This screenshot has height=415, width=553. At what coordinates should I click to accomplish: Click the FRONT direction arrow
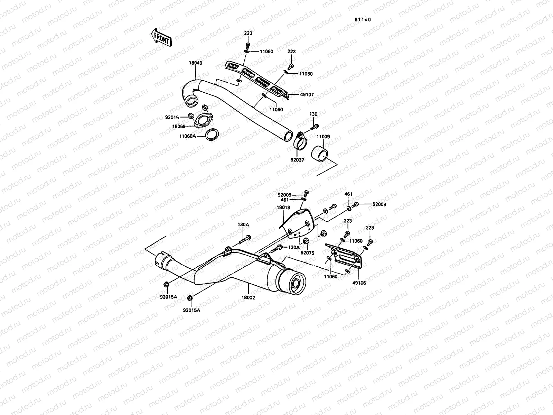click(x=161, y=37)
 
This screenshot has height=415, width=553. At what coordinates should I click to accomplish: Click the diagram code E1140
click(x=362, y=20)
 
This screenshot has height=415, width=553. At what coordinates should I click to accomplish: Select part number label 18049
click(x=195, y=63)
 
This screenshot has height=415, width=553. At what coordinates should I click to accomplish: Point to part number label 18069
click(x=179, y=127)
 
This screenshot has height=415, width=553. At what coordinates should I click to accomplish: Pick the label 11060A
click(x=188, y=136)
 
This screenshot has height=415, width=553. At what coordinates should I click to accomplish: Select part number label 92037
click(x=297, y=160)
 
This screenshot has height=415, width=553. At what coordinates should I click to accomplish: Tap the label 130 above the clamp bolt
click(x=313, y=114)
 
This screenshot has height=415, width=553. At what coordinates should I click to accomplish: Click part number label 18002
click(x=249, y=297)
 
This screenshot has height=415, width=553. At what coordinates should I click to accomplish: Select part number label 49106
click(x=359, y=283)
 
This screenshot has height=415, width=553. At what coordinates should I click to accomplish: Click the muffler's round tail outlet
click(x=295, y=284)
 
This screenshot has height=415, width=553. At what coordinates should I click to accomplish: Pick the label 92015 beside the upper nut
click(x=172, y=118)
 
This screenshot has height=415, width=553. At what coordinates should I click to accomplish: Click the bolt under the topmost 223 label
click(x=248, y=45)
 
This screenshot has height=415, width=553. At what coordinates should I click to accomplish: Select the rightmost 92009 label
click(x=379, y=204)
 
